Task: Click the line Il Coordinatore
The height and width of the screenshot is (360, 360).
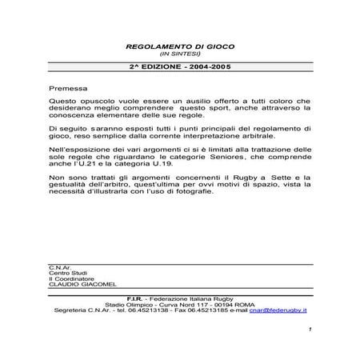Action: click(69, 278)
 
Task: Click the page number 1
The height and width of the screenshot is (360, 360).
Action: click(308, 330)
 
